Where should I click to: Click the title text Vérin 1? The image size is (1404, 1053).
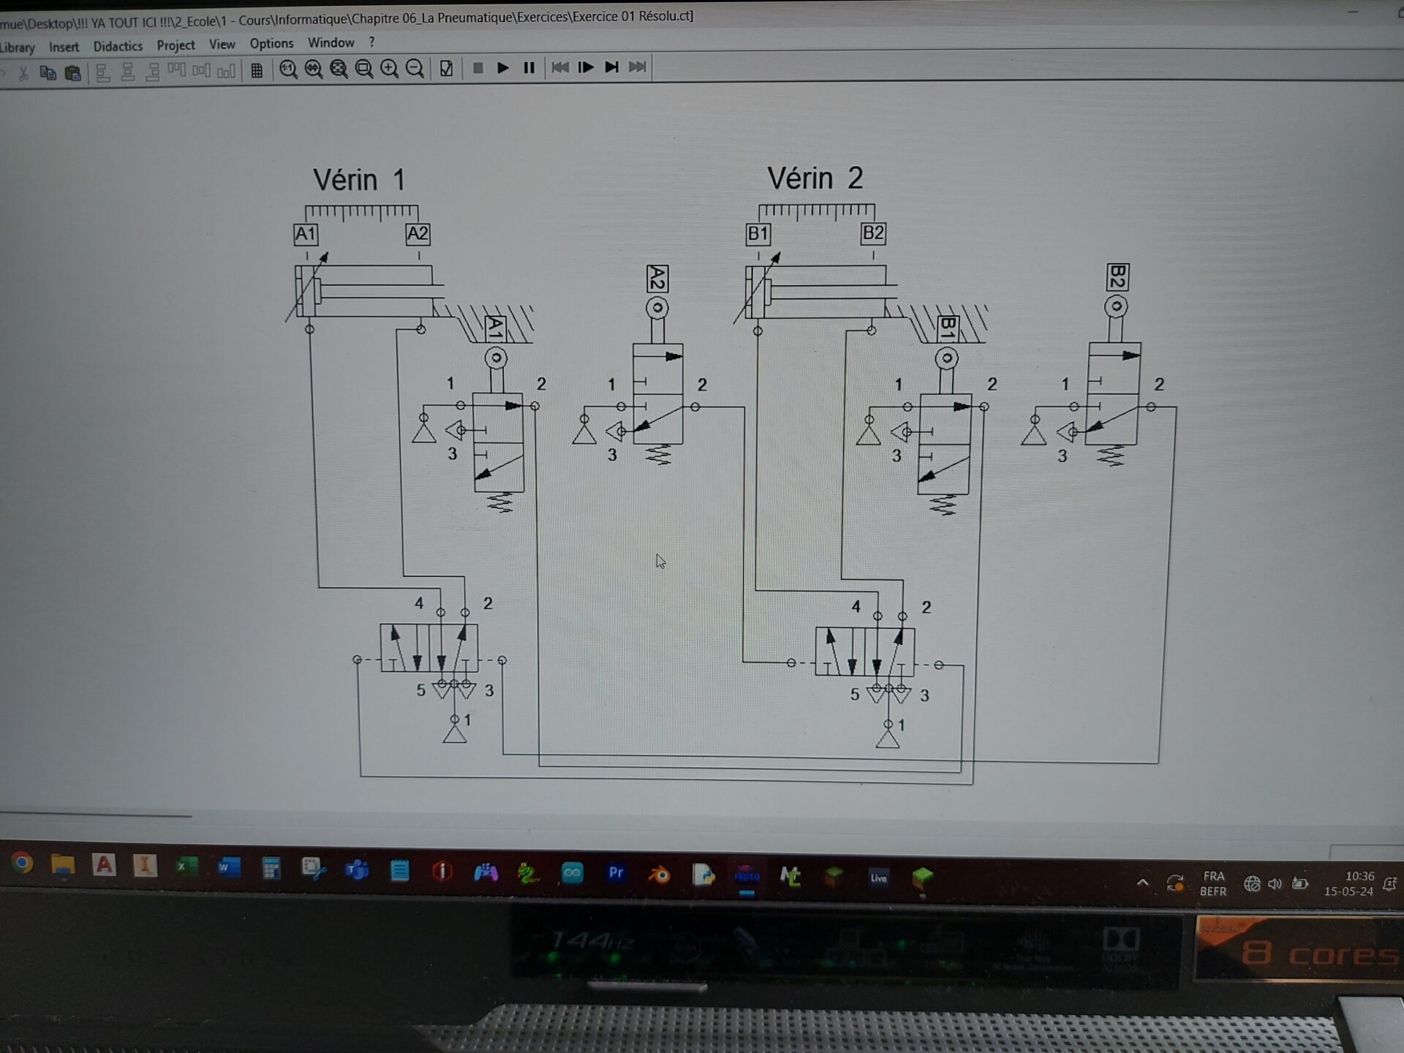click(x=359, y=180)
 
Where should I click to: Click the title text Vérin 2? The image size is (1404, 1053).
click(x=815, y=178)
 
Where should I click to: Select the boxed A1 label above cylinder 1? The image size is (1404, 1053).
click(x=306, y=235)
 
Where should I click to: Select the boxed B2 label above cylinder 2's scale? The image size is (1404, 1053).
click(x=873, y=233)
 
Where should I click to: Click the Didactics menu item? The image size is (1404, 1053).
click(x=118, y=46)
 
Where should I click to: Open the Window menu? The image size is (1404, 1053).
click(x=331, y=43)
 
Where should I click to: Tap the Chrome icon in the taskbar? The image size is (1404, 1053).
click(x=22, y=864)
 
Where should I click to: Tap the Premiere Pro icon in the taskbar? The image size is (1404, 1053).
click(x=616, y=872)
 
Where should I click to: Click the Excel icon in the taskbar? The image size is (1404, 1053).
click(x=186, y=867)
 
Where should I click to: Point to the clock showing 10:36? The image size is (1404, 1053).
click(x=1359, y=876)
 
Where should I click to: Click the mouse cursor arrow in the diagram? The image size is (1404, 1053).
click(x=660, y=562)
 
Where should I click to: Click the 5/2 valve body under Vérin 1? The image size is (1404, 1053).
click(x=429, y=649)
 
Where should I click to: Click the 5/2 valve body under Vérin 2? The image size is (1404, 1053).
click(x=864, y=652)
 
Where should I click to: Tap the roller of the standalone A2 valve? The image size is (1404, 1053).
click(x=657, y=308)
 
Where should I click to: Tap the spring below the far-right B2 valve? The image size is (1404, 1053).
click(x=1111, y=456)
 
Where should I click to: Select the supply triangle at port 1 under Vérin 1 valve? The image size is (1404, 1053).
click(x=454, y=733)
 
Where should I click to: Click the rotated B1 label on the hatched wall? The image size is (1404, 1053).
click(x=948, y=328)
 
